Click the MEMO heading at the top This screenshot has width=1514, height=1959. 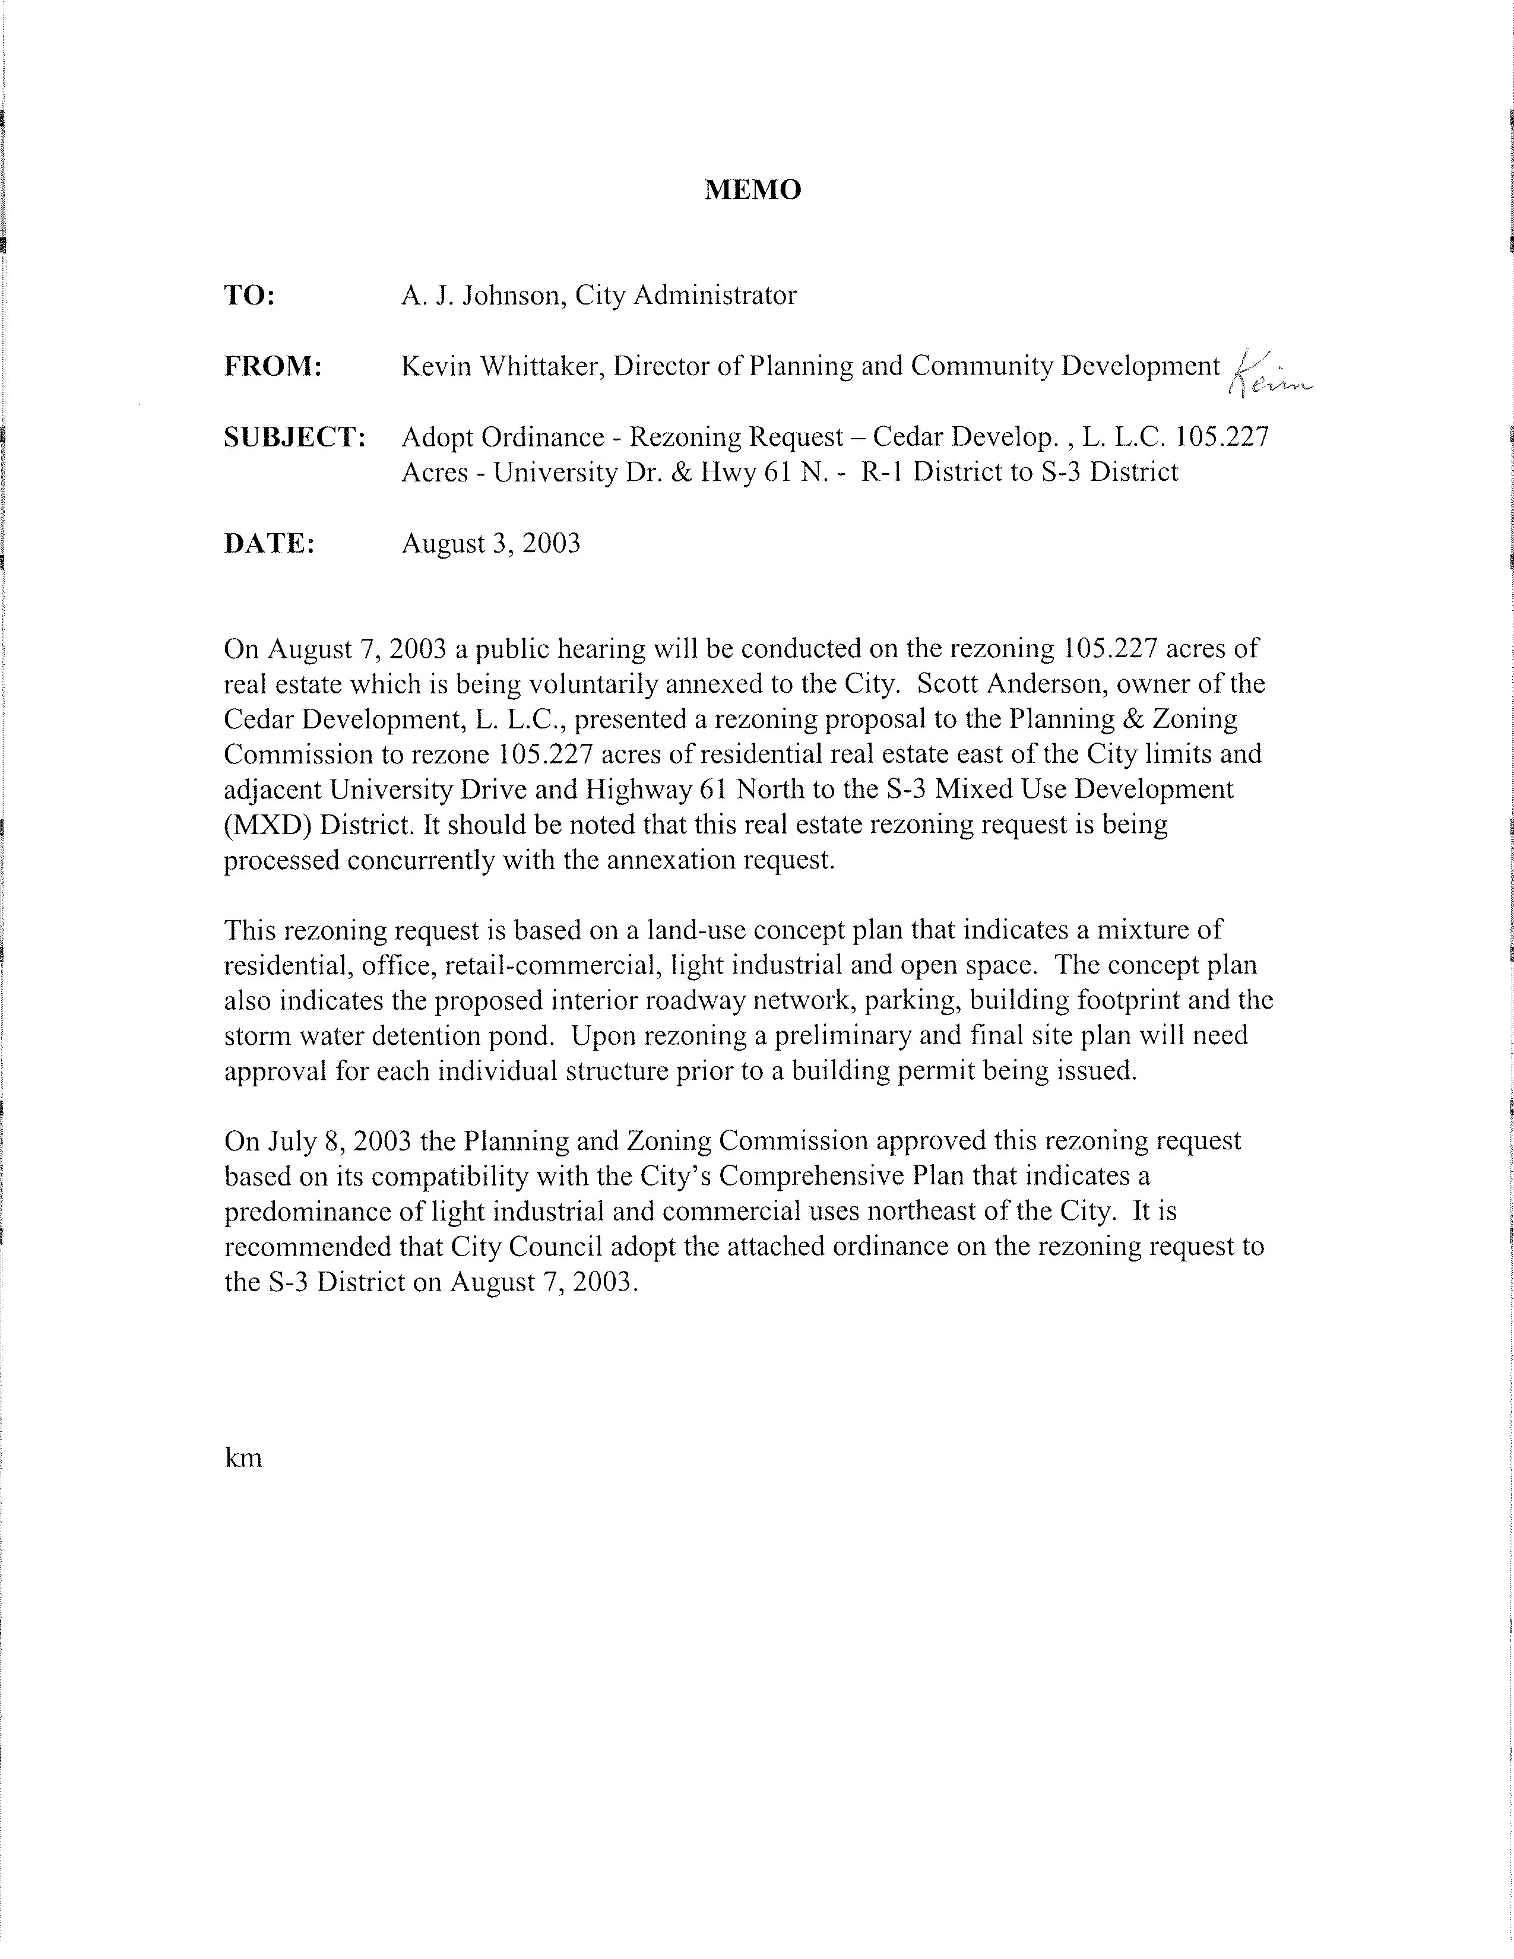coord(752,190)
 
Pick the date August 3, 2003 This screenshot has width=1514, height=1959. coord(490,544)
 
